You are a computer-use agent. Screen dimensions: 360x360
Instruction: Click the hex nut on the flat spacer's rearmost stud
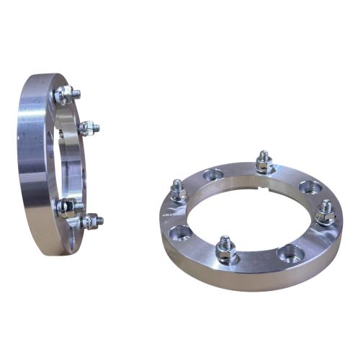tap(264, 164)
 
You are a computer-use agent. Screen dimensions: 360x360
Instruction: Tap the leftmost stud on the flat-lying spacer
tap(179, 192)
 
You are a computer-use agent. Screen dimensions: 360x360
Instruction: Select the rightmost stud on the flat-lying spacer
tap(325, 210)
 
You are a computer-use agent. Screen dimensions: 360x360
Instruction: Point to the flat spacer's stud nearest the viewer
tap(225, 250)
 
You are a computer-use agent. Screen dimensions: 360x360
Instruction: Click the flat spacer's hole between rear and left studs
tap(213, 175)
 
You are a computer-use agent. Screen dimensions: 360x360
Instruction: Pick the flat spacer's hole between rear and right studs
tap(311, 189)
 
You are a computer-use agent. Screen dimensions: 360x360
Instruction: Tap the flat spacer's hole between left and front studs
tap(181, 232)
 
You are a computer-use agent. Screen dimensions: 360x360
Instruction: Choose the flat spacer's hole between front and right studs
tap(289, 252)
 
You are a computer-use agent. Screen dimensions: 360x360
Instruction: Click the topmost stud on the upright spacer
tap(66, 94)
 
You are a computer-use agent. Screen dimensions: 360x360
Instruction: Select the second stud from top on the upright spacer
tap(88, 129)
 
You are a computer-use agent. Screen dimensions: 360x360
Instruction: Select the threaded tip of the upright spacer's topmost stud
tap(76, 92)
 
